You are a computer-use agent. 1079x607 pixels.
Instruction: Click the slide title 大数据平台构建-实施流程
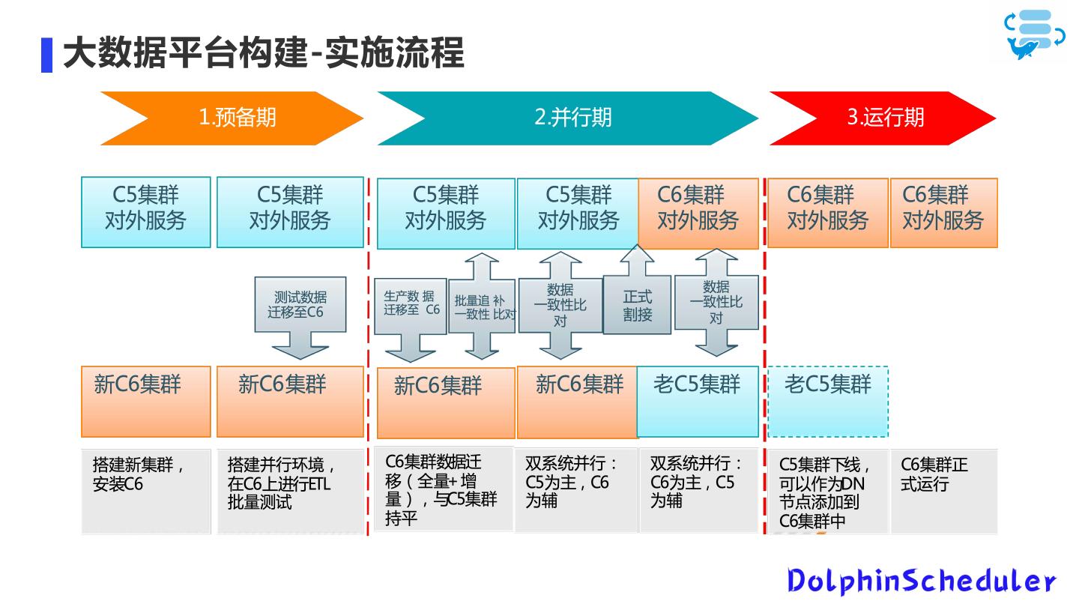click(263, 54)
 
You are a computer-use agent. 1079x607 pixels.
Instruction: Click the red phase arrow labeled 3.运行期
click(885, 118)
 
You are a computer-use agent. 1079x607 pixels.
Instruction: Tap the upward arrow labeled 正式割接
click(637, 303)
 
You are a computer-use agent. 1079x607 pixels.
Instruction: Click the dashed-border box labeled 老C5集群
click(827, 401)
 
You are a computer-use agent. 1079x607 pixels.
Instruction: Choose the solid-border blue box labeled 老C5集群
click(698, 401)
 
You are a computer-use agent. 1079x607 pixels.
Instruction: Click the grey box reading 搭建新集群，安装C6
click(145, 491)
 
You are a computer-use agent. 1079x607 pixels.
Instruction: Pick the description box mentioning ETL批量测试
click(290, 491)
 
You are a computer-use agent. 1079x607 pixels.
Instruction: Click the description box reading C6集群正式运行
click(943, 491)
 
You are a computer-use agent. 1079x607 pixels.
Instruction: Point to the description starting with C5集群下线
click(826, 491)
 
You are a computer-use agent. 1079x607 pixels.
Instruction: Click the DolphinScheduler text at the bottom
click(921, 581)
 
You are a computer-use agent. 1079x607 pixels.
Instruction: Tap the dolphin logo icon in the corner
click(1035, 34)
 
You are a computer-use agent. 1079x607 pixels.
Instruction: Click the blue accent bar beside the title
click(46, 55)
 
